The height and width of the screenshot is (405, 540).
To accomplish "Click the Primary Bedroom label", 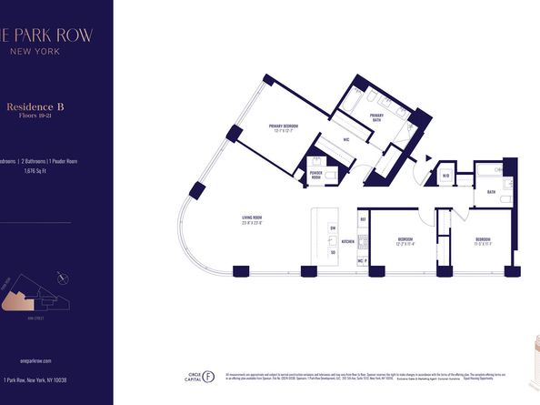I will (x=285, y=127).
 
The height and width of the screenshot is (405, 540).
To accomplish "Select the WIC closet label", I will (x=346, y=140).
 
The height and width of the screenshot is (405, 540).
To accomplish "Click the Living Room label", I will (x=252, y=218).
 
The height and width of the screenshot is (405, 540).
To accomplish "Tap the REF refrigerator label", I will (x=362, y=219).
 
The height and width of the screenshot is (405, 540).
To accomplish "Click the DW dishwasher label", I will (x=333, y=227).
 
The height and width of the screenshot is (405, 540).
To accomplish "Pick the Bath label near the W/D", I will (x=490, y=192).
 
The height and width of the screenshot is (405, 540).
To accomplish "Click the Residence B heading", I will (x=41, y=106).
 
